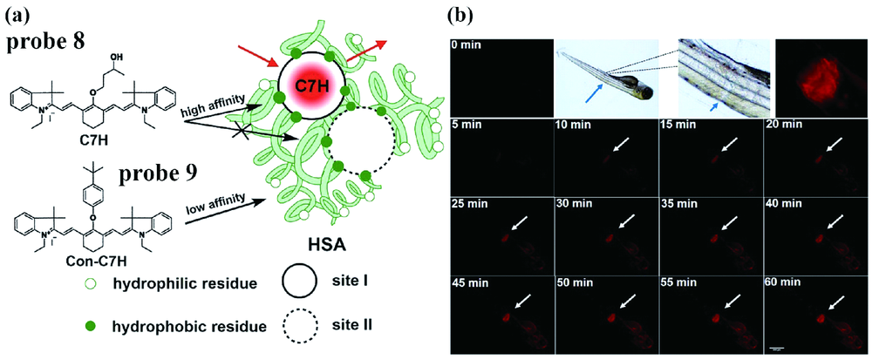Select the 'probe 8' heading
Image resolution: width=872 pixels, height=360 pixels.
[x=44, y=45]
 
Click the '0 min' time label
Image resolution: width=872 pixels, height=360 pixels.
[x=467, y=46]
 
